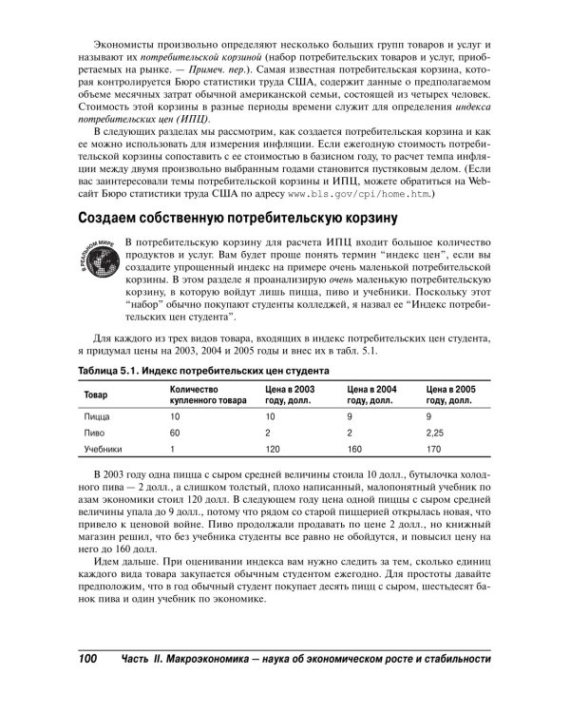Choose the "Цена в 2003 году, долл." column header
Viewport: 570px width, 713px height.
pyautogui.click(x=290, y=395)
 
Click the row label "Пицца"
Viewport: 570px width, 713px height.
pyautogui.click(x=97, y=417)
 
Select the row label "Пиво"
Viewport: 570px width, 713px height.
pyautogui.click(x=95, y=434)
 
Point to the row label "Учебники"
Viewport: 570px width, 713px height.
pyautogui.click(x=102, y=450)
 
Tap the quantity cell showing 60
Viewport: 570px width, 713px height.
pyautogui.click(x=176, y=434)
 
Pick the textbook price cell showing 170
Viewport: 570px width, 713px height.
pyautogui.click(x=435, y=450)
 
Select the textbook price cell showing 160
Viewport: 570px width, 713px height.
pyautogui.click(x=355, y=450)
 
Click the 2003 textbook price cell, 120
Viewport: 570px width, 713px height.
pyautogui.click(x=275, y=450)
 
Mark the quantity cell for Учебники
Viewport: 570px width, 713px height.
pyautogui.click(x=173, y=450)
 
